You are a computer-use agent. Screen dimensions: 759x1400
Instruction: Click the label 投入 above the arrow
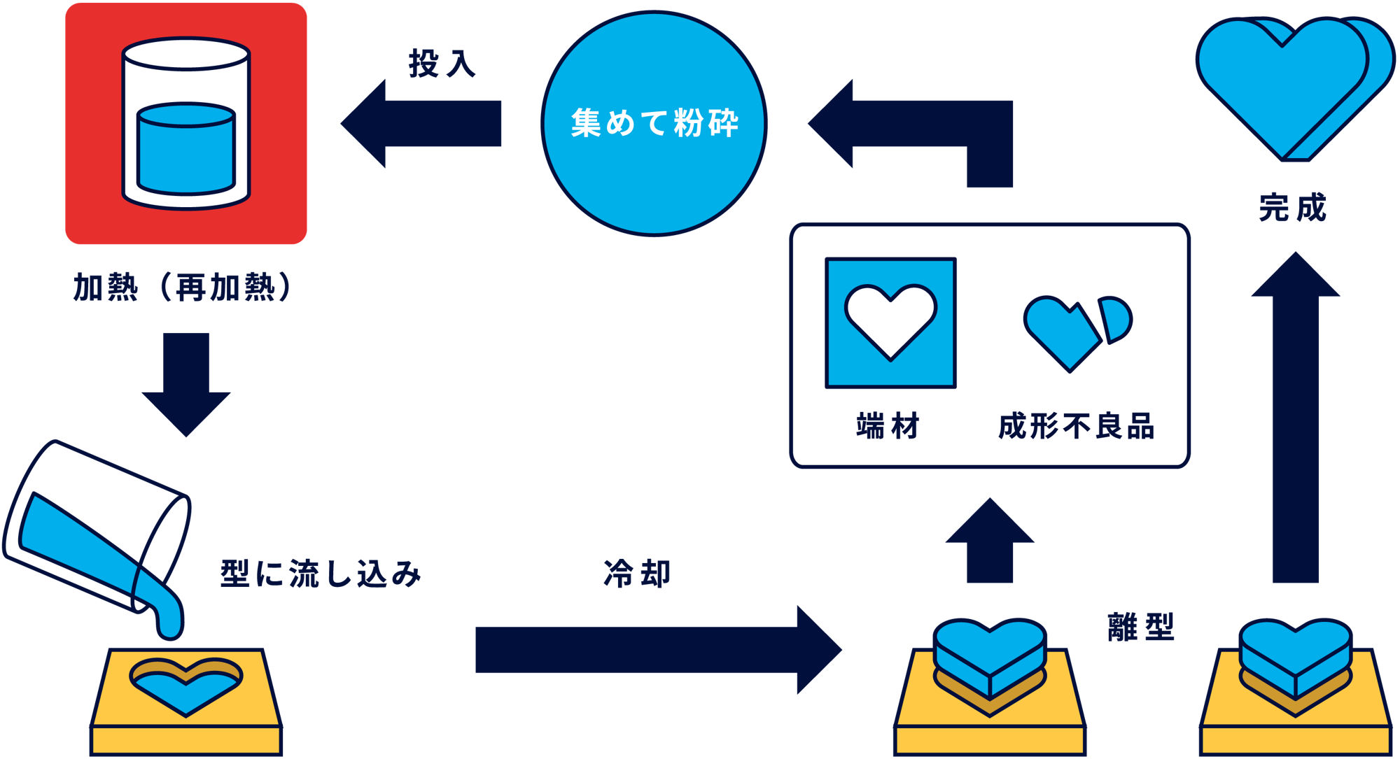click(x=442, y=63)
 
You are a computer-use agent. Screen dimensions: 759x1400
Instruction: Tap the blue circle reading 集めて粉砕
click(x=654, y=124)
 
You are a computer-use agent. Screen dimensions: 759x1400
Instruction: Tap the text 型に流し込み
click(x=321, y=574)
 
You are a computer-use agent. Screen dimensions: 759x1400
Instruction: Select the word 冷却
click(x=637, y=574)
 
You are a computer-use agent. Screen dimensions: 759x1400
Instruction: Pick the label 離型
click(x=1140, y=626)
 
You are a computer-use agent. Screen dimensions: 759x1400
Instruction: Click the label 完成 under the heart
click(x=1292, y=208)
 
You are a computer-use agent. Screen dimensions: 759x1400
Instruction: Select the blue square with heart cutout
click(x=890, y=323)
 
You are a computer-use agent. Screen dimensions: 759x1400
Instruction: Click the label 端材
click(x=888, y=425)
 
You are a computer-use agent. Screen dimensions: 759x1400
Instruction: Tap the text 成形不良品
click(x=1076, y=425)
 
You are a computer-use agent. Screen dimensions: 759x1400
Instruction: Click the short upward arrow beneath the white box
click(x=989, y=546)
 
